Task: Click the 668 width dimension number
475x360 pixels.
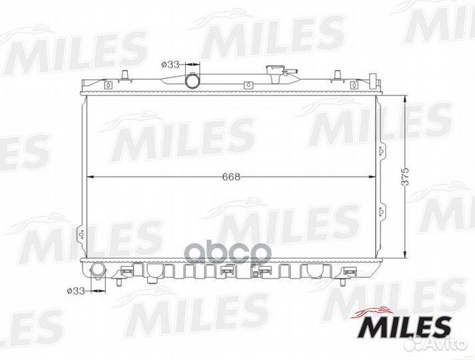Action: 231,177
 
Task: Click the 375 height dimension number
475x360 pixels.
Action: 405,177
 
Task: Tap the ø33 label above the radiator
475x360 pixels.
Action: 171,65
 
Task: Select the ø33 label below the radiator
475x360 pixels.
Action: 76,291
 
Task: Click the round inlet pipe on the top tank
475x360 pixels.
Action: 193,80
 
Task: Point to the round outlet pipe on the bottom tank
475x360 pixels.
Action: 98,271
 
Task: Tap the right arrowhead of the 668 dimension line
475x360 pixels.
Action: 372,177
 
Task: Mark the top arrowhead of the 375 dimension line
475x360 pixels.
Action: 405,99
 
